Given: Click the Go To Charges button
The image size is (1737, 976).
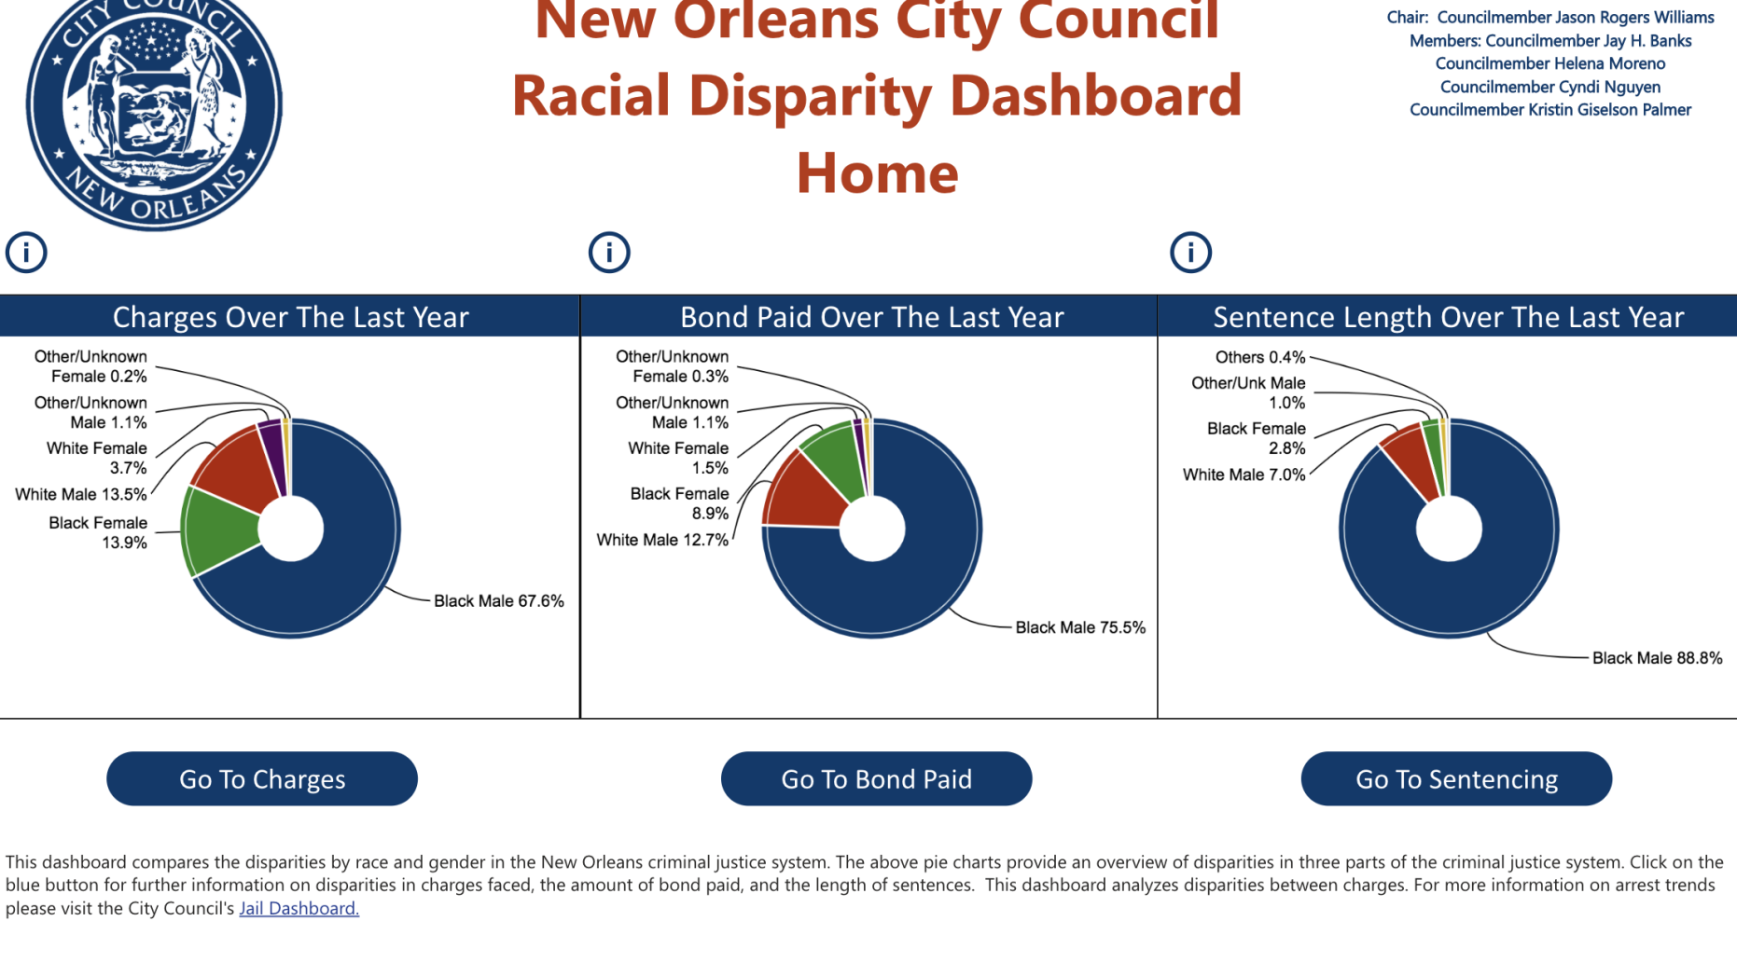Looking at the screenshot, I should pos(262,778).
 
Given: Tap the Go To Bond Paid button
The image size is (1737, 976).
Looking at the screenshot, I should pos(876,778).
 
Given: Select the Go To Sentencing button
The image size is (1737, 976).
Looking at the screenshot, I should pos(1456,778).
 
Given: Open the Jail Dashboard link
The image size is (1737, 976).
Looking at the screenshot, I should pos(299,908).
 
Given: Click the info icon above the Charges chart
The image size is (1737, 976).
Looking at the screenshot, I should pos(26,253).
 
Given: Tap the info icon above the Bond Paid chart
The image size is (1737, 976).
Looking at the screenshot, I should pos(609,253).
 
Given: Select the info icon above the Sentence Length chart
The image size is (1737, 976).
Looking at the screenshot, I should pos(1190,253).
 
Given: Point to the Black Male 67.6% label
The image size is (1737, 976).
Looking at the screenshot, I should pos(498,601).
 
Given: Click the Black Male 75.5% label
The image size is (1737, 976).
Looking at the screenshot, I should pos(1079,627).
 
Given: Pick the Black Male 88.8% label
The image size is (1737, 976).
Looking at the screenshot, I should pos(1657,658).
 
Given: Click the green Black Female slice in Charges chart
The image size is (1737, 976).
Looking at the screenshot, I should pos(221,531).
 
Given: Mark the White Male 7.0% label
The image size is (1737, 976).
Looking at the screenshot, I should pos(1244,474).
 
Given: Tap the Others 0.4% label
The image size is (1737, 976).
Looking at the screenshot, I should pos(1259,357).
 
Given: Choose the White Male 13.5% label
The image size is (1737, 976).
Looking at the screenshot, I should pos(81,494).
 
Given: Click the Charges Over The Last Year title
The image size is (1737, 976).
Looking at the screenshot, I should pos(290,317).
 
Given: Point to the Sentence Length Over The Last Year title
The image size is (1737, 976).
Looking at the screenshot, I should pos(1448,317).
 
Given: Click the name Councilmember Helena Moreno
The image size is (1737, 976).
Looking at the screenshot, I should pos(1549,63).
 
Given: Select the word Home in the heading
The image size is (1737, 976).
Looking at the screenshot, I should pos(877,173).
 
